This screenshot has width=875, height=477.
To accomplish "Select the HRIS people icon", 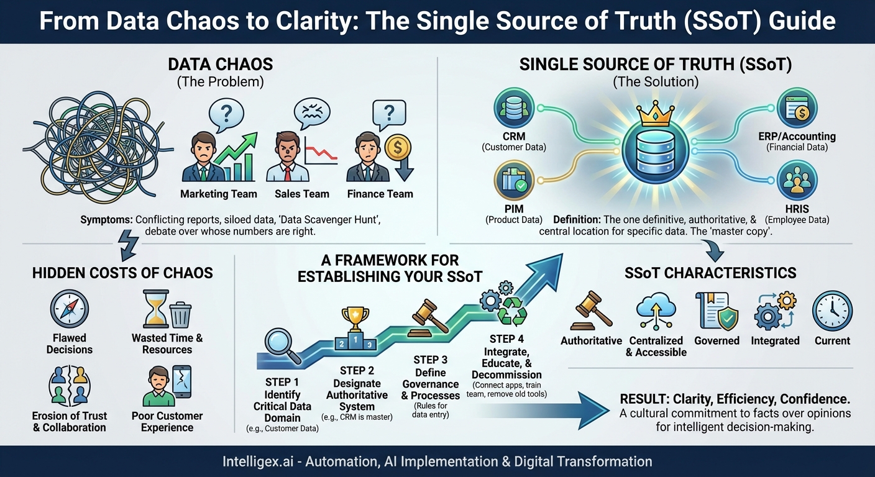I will [797, 180].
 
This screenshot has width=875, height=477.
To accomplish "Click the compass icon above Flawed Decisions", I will [69, 309].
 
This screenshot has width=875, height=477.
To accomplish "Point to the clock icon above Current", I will [831, 309].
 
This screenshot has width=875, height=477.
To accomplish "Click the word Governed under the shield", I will [717, 340].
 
